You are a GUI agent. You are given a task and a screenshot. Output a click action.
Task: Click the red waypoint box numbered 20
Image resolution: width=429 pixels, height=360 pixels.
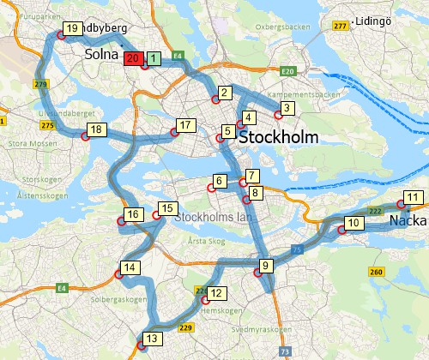133,58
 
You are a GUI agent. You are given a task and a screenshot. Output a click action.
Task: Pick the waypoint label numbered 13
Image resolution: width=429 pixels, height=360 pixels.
152,338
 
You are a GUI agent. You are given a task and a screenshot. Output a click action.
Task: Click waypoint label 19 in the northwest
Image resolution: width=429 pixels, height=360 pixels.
72,28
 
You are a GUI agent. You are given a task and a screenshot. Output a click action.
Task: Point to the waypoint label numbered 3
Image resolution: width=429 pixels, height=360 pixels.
287,107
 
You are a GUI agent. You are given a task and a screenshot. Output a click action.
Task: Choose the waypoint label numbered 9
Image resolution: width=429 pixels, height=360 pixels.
266,265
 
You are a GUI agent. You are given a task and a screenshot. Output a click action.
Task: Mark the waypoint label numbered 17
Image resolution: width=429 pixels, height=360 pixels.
183,126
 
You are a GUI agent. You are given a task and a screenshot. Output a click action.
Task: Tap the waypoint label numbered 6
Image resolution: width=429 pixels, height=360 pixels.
220,181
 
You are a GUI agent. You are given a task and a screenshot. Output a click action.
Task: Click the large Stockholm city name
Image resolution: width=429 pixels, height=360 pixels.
279,137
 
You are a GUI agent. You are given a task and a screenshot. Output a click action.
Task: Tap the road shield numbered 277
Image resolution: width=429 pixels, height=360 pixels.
341,27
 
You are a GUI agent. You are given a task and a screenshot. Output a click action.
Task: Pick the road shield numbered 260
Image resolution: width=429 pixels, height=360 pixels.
375,272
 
